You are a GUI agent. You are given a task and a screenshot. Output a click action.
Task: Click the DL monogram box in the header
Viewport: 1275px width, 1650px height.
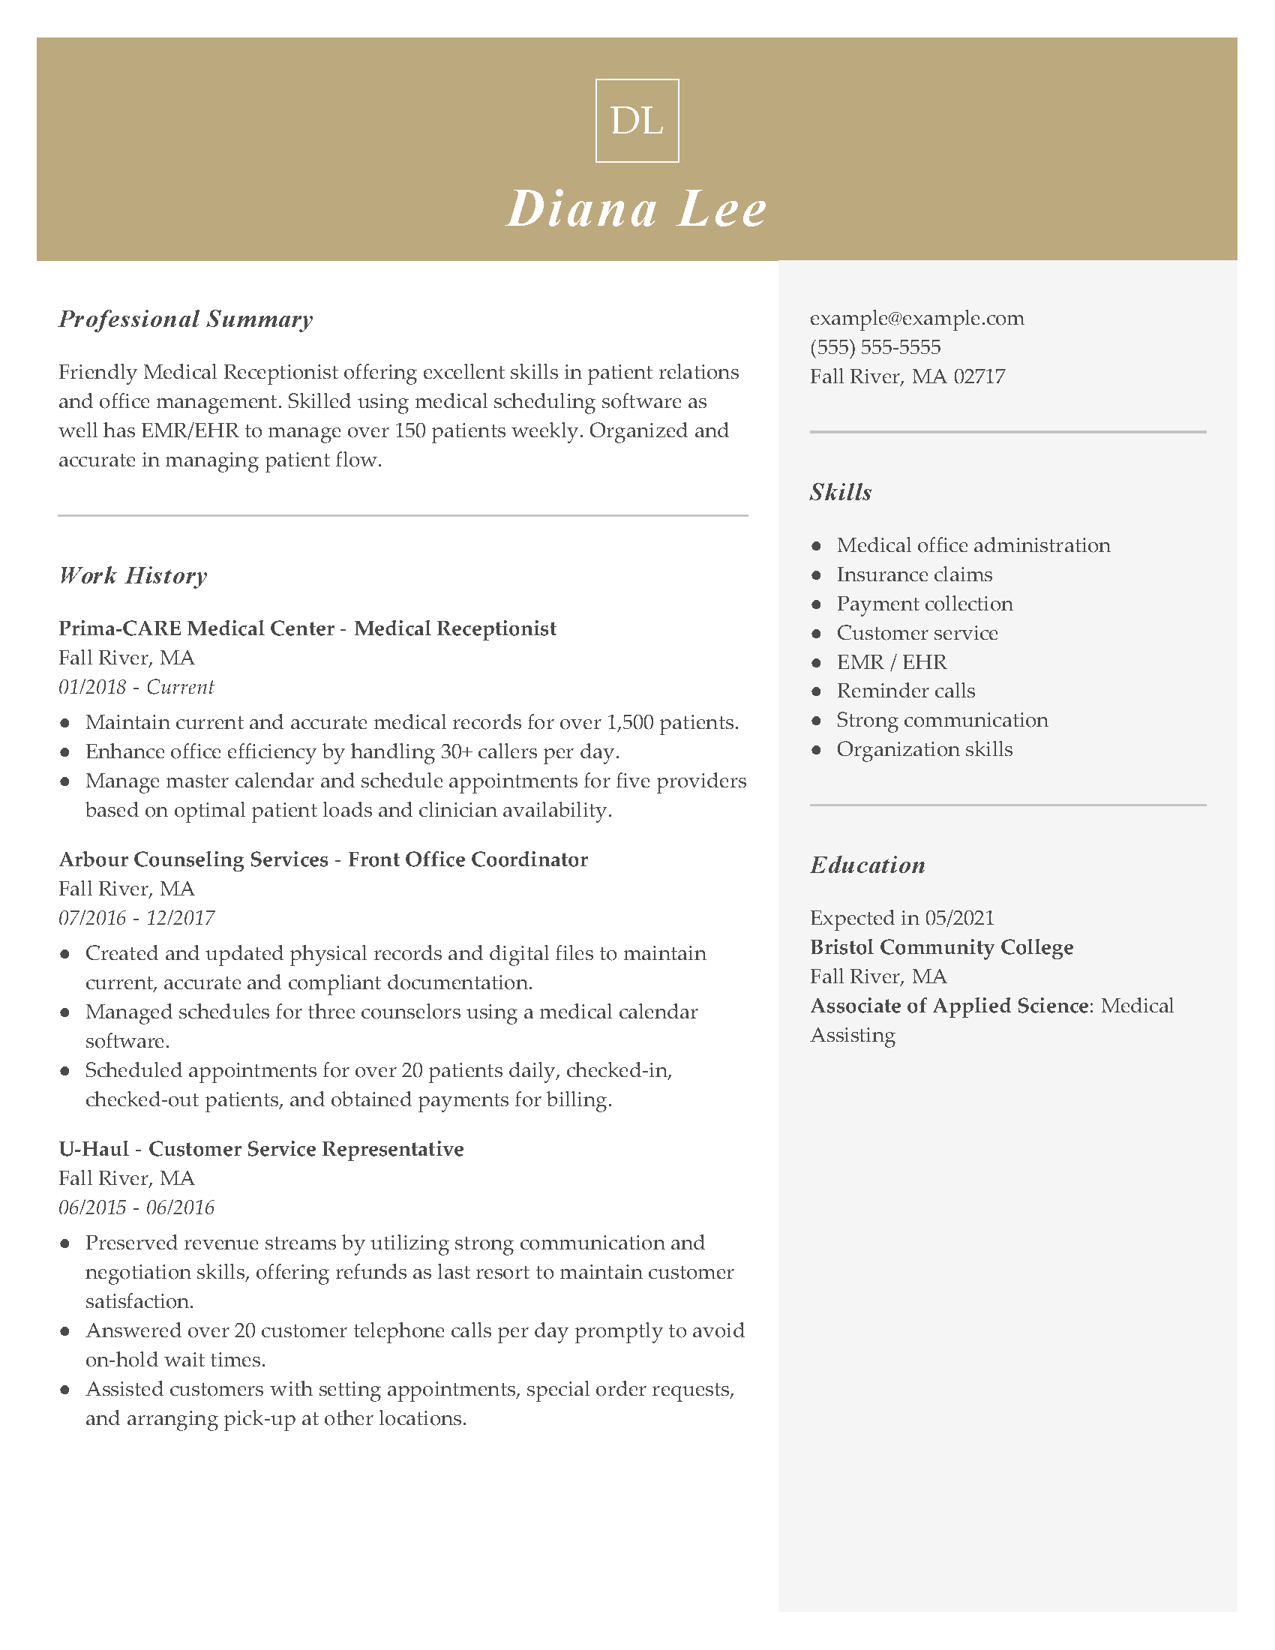pos(637,121)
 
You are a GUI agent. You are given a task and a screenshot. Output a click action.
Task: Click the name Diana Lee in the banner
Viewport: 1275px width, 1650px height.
pos(637,208)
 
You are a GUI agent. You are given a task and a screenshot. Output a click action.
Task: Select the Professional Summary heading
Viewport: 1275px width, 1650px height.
pos(186,319)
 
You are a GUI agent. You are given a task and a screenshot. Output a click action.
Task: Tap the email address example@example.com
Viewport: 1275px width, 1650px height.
pos(917,318)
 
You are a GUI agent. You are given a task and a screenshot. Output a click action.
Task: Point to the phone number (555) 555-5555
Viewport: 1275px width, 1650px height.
pos(875,347)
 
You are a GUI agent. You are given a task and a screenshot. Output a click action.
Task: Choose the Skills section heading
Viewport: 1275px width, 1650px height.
pos(841,493)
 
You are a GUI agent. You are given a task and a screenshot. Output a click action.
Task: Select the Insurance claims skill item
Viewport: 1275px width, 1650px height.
pos(914,575)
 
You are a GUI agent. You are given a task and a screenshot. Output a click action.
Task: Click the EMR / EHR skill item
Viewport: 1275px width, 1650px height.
pos(891,662)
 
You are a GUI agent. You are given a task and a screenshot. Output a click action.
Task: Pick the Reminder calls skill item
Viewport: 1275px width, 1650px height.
pos(906,691)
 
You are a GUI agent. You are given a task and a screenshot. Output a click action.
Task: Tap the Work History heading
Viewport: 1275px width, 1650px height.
pos(133,576)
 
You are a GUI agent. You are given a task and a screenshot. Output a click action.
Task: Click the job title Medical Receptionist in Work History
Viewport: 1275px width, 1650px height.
pos(454,628)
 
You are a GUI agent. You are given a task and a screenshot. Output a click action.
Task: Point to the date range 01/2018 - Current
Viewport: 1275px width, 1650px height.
pos(136,688)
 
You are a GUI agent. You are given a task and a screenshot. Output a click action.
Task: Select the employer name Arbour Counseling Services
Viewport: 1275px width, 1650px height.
pos(193,859)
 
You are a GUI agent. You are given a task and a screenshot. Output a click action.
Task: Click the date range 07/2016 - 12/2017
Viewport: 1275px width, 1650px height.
pos(136,919)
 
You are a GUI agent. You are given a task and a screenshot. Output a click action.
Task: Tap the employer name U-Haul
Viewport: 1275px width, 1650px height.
pos(94,1149)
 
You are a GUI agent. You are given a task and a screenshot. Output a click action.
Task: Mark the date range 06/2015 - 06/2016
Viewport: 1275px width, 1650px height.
pos(136,1208)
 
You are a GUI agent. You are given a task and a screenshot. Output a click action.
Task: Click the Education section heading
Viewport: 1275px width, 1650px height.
pos(868,865)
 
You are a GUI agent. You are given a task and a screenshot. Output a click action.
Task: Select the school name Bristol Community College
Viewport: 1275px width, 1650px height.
pos(941,947)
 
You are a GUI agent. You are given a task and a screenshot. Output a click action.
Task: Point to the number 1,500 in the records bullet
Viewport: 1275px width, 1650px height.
pos(630,723)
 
